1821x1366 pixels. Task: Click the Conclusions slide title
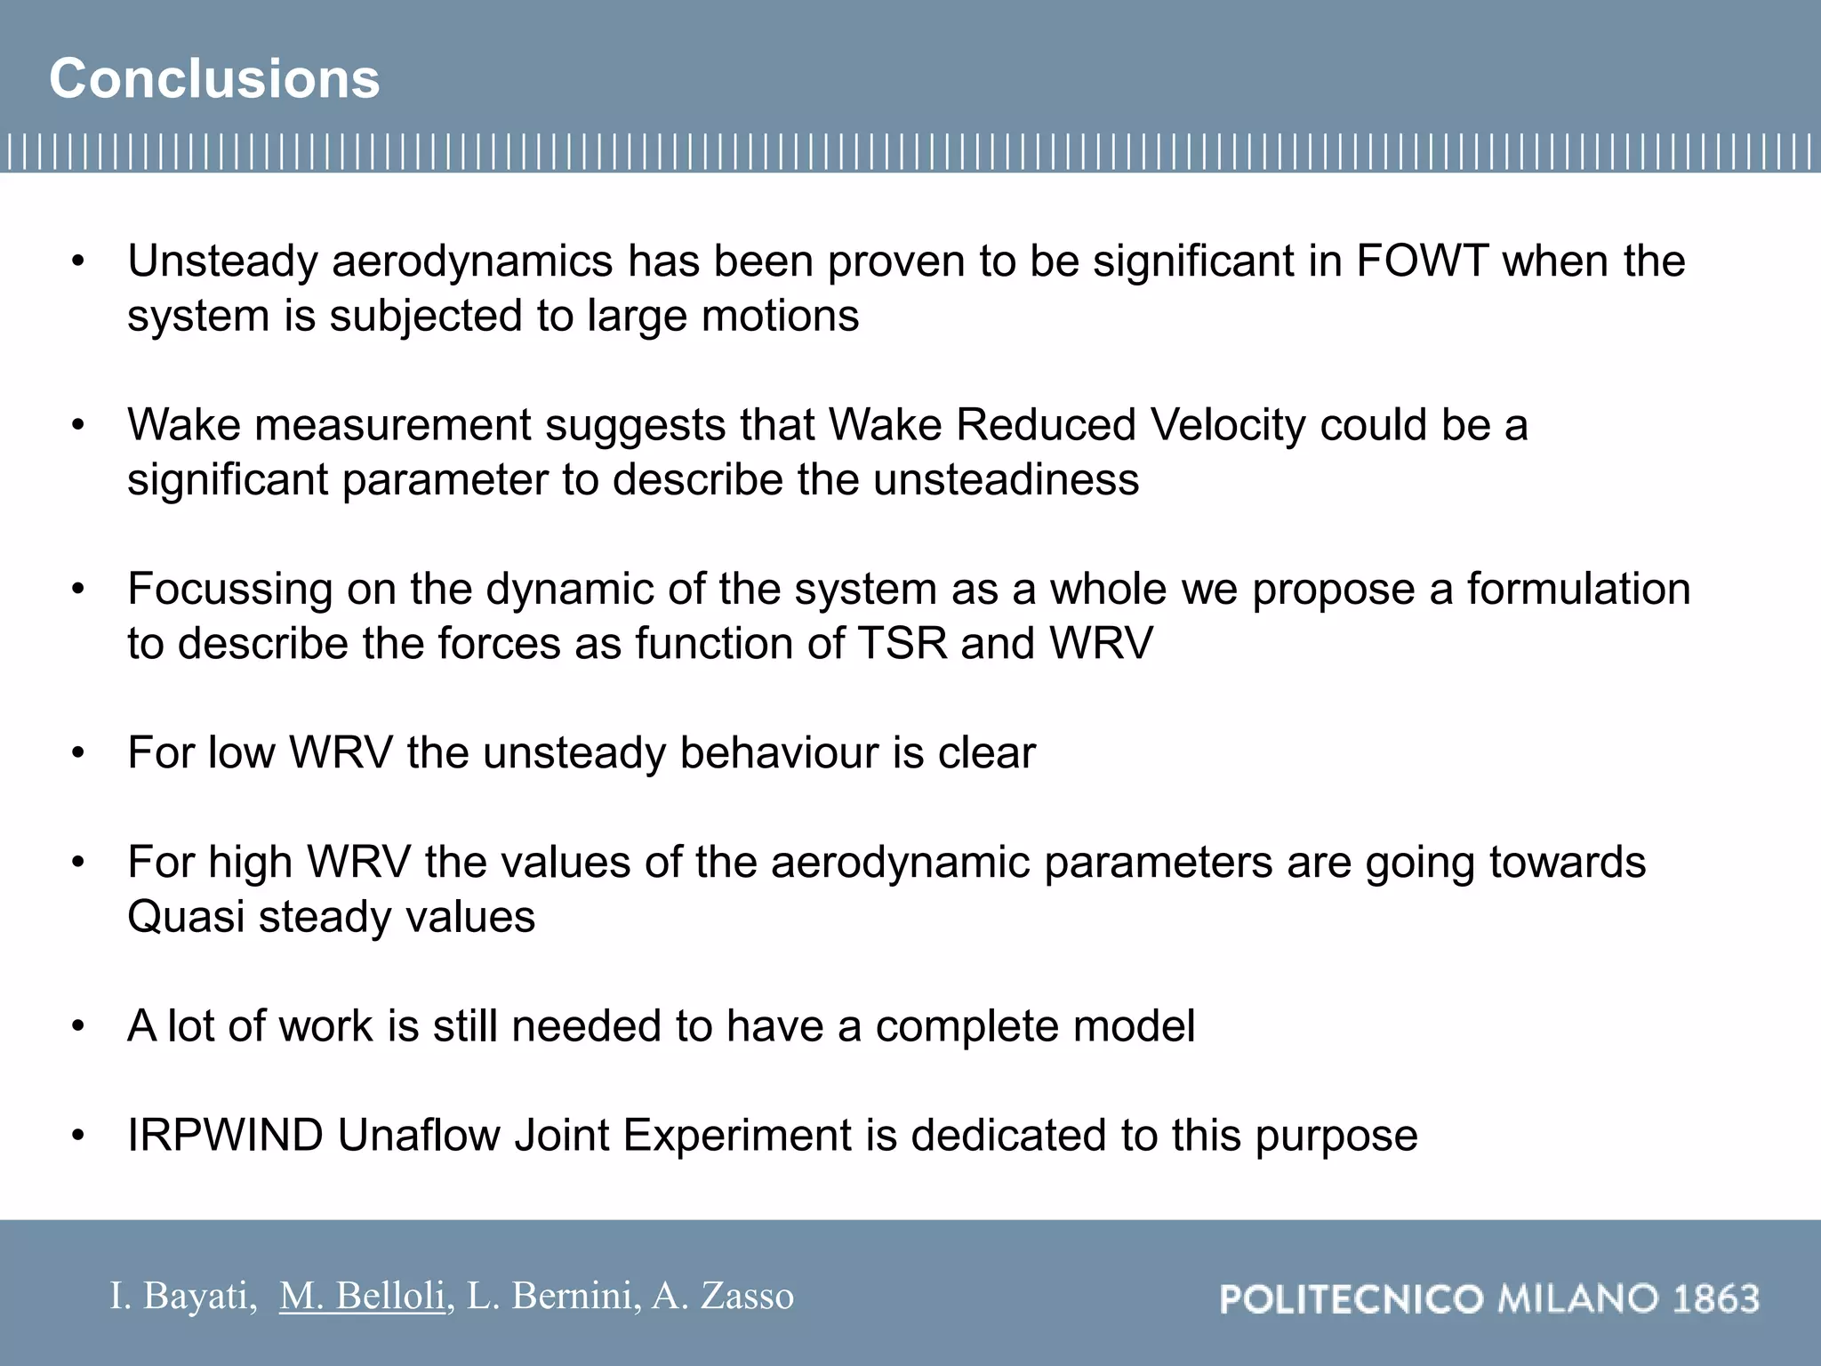coord(214,78)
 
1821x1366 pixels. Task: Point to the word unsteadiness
coord(1006,480)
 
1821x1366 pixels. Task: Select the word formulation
coord(1577,589)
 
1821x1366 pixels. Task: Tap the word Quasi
coord(185,918)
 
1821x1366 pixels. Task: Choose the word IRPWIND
coord(225,1136)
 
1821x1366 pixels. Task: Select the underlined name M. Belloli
coord(362,1296)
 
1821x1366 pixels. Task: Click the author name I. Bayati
coord(182,1296)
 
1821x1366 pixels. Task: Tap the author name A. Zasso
coord(722,1296)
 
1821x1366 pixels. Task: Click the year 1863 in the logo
coord(1715,1299)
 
